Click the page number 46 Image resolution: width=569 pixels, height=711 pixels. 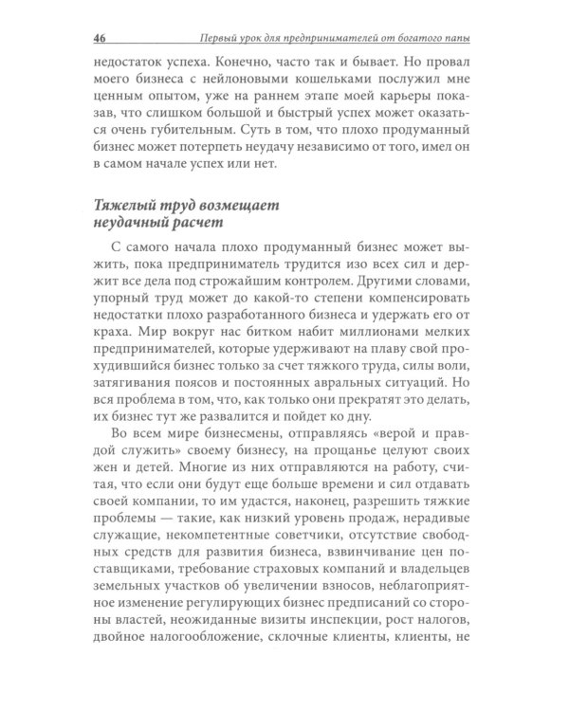pyautogui.click(x=99, y=38)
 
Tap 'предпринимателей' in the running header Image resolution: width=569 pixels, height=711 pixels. pyautogui.click(x=322, y=38)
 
